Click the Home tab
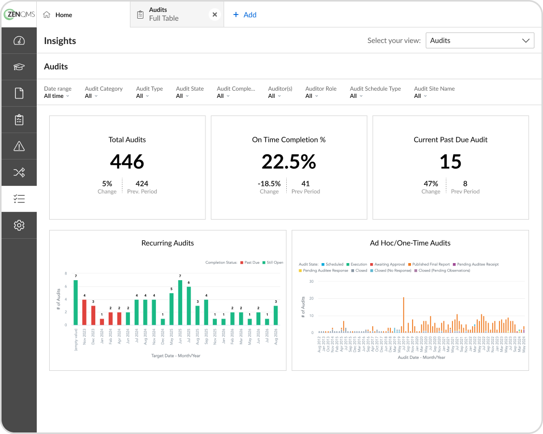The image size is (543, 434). [x=57, y=15]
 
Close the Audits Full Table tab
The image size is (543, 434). [x=215, y=15]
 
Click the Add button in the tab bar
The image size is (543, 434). [x=245, y=15]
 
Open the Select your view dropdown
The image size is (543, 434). [x=479, y=40]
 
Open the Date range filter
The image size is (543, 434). [x=57, y=92]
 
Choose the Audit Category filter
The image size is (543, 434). [x=103, y=92]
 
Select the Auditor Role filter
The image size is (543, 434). [x=321, y=92]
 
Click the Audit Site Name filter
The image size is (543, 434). [x=434, y=92]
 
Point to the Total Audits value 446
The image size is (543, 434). [x=127, y=162]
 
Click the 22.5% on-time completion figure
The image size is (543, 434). [x=288, y=162]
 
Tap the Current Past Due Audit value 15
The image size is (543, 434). [x=450, y=162]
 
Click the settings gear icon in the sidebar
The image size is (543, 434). [x=19, y=225]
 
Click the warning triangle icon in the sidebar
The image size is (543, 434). [x=19, y=147]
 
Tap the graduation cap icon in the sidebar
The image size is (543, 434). [x=19, y=67]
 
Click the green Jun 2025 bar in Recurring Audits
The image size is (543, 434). [x=180, y=302]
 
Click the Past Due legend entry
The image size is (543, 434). [x=251, y=263]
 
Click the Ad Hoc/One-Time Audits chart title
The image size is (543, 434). [x=410, y=243]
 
